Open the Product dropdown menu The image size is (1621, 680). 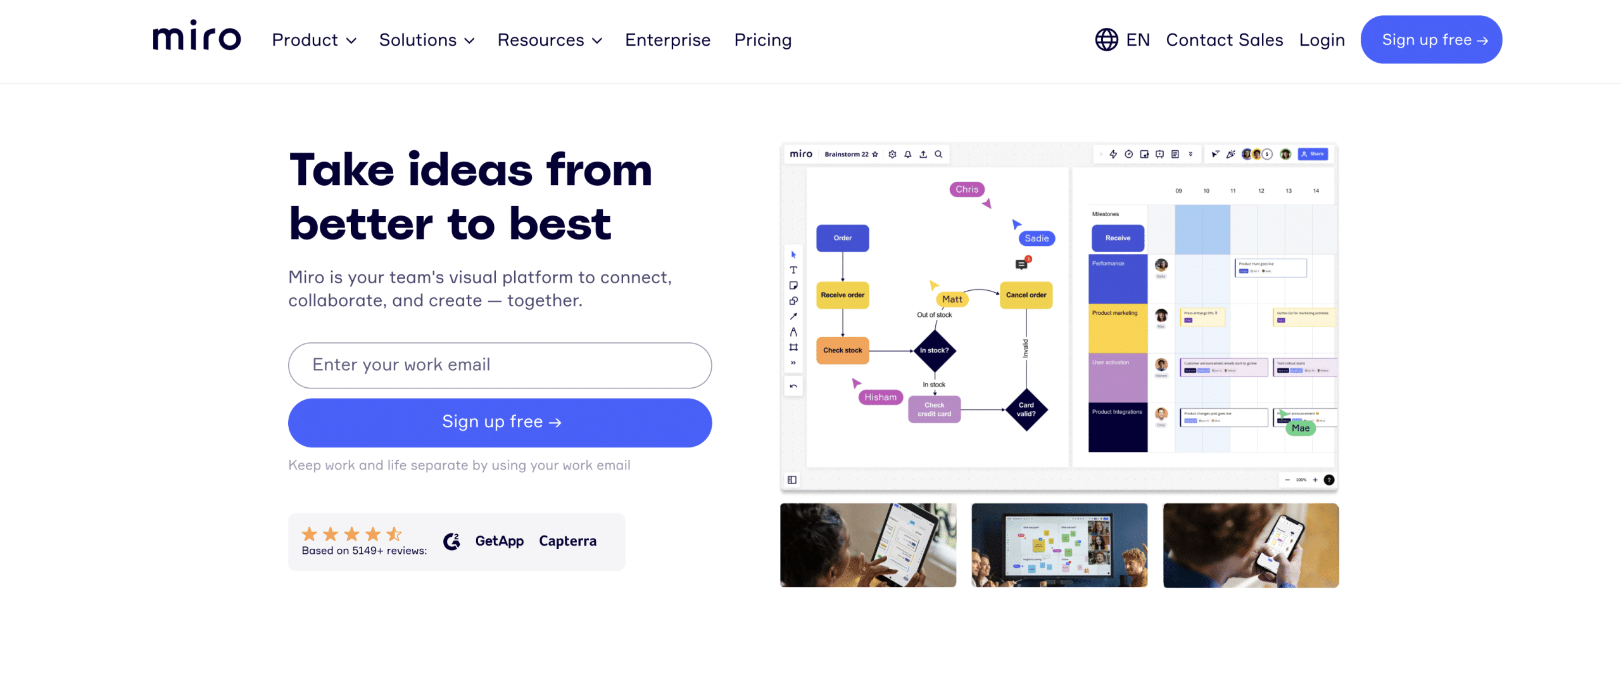click(313, 40)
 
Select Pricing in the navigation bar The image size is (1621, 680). click(762, 40)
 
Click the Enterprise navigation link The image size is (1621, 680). click(667, 40)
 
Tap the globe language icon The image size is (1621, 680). click(1106, 40)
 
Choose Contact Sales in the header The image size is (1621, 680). click(1224, 40)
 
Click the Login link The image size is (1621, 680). click(1321, 40)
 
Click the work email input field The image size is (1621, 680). click(500, 365)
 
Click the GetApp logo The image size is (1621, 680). click(499, 541)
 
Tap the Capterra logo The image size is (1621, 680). click(567, 541)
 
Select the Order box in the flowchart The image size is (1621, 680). click(842, 238)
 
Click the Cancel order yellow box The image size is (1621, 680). click(1026, 295)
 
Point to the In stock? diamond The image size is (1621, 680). click(934, 350)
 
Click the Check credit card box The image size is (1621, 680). click(934, 409)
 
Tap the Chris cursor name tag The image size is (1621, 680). click(966, 189)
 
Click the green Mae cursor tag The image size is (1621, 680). click(1300, 428)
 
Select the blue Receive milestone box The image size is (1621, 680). click(1118, 238)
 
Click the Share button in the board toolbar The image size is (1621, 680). click(1313, 154)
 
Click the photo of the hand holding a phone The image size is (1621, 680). click(1251, 545)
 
